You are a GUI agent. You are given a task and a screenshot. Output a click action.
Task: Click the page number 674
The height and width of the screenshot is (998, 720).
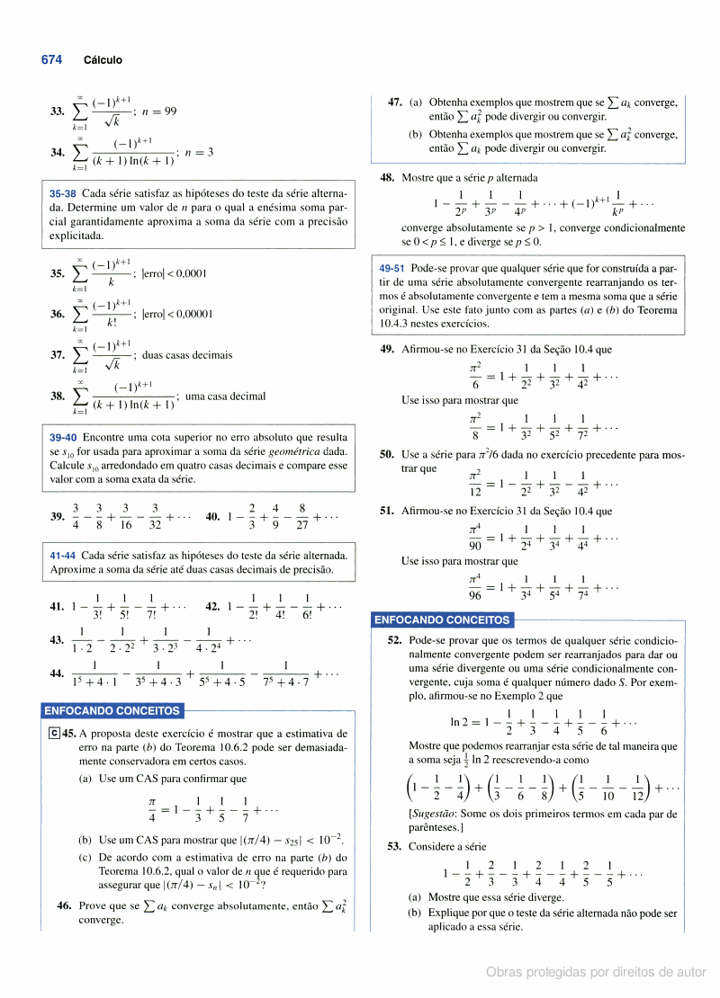[x=51, y=59]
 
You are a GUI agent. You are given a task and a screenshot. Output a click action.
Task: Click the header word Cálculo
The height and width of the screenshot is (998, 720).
[x=103, y=60]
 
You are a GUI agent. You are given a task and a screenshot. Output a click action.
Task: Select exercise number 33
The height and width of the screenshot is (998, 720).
[x=57, y=111]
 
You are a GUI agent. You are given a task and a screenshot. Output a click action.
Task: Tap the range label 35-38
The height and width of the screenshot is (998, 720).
[x=63, y=193]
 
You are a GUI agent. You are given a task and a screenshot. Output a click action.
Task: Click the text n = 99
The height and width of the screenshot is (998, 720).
[x=158, y=111]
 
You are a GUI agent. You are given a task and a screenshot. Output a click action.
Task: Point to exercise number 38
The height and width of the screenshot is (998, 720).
[x=57, y=397]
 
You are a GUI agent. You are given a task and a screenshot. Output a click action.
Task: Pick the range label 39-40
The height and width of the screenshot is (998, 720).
[x=63, y=438]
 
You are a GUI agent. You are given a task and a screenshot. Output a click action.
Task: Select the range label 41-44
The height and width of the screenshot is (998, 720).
[x=63, y=555]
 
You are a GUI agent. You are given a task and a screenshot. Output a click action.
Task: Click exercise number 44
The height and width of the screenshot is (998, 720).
[x=57, y=673]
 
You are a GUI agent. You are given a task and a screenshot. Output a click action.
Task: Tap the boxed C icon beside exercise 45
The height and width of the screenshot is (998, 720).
[x=55, y=733]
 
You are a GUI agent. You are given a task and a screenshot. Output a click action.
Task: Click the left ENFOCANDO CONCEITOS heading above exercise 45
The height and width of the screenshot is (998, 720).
[x=112, y=711]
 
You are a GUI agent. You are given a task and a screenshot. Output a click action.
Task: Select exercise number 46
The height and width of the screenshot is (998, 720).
[x=64, y=906]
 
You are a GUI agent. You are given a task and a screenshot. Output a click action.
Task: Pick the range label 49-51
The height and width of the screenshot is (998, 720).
[x=391, y=268]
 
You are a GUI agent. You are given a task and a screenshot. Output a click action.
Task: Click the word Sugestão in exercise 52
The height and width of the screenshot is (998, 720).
[x=435, y=814]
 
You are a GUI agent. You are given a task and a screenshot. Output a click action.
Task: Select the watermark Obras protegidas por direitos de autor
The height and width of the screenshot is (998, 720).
[x=596, y=972]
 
